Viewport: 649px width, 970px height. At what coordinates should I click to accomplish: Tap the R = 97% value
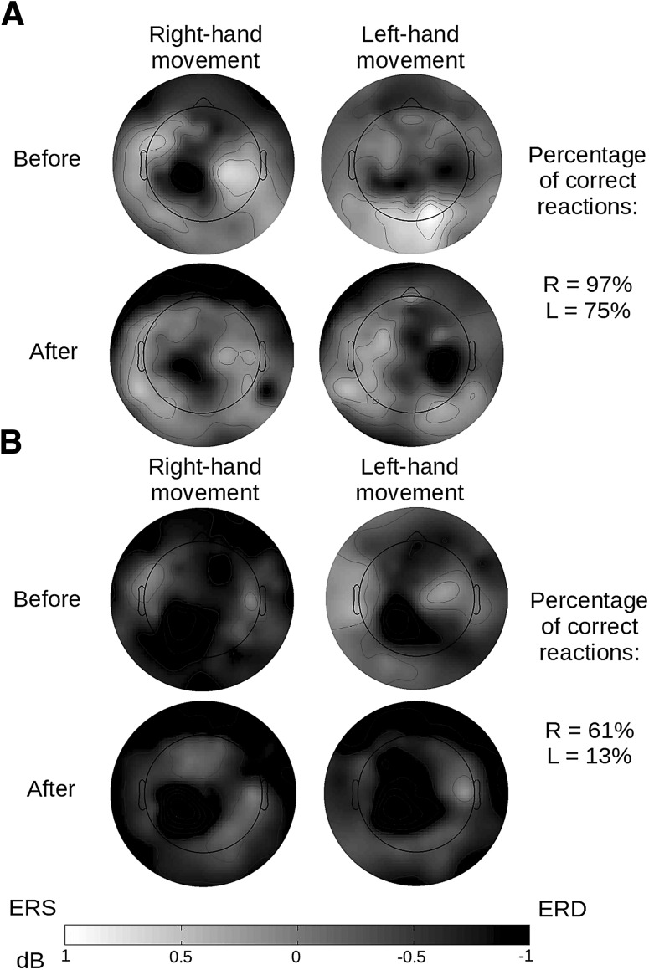tap(587, 285)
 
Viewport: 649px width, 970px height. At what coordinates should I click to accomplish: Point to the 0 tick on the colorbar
tap(297, 956)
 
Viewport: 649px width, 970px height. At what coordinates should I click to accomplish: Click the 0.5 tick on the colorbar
tap(182, 956)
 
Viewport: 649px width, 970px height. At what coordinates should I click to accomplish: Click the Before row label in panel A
tap(47, 158)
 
